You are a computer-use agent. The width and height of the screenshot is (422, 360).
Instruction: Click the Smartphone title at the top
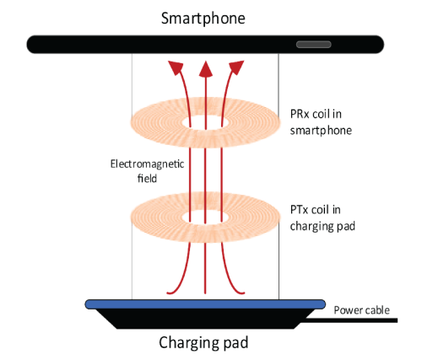pos(203,19)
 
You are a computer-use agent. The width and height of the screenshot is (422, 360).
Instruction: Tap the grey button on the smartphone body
pos(314,45)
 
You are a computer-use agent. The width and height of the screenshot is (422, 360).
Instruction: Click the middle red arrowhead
pos(206,69)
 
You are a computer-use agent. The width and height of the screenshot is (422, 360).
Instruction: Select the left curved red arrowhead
pos(176,67)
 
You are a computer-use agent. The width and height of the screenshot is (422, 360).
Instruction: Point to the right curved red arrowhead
pos(235,67)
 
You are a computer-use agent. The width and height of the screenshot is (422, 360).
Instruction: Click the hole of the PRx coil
pos(206,123)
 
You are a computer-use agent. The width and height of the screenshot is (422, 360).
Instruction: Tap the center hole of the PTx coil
pos(206,218)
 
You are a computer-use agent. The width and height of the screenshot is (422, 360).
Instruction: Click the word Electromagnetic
pos(147,164)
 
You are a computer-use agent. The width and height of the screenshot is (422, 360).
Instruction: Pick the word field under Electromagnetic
pos(147,178)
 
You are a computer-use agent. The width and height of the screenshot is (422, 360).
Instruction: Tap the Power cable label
pos(362,310)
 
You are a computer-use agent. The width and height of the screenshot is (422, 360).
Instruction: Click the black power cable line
pos(352,320)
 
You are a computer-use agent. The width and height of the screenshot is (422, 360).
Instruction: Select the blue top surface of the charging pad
pos(205,304)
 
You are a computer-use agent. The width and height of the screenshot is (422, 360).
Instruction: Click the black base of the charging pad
pos(205,319)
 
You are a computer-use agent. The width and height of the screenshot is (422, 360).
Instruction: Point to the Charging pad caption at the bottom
pos(203,342)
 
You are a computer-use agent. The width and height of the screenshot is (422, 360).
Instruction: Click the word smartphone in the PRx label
pos(321,131)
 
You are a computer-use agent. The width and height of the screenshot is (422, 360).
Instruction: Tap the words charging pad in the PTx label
pos(322,226)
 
